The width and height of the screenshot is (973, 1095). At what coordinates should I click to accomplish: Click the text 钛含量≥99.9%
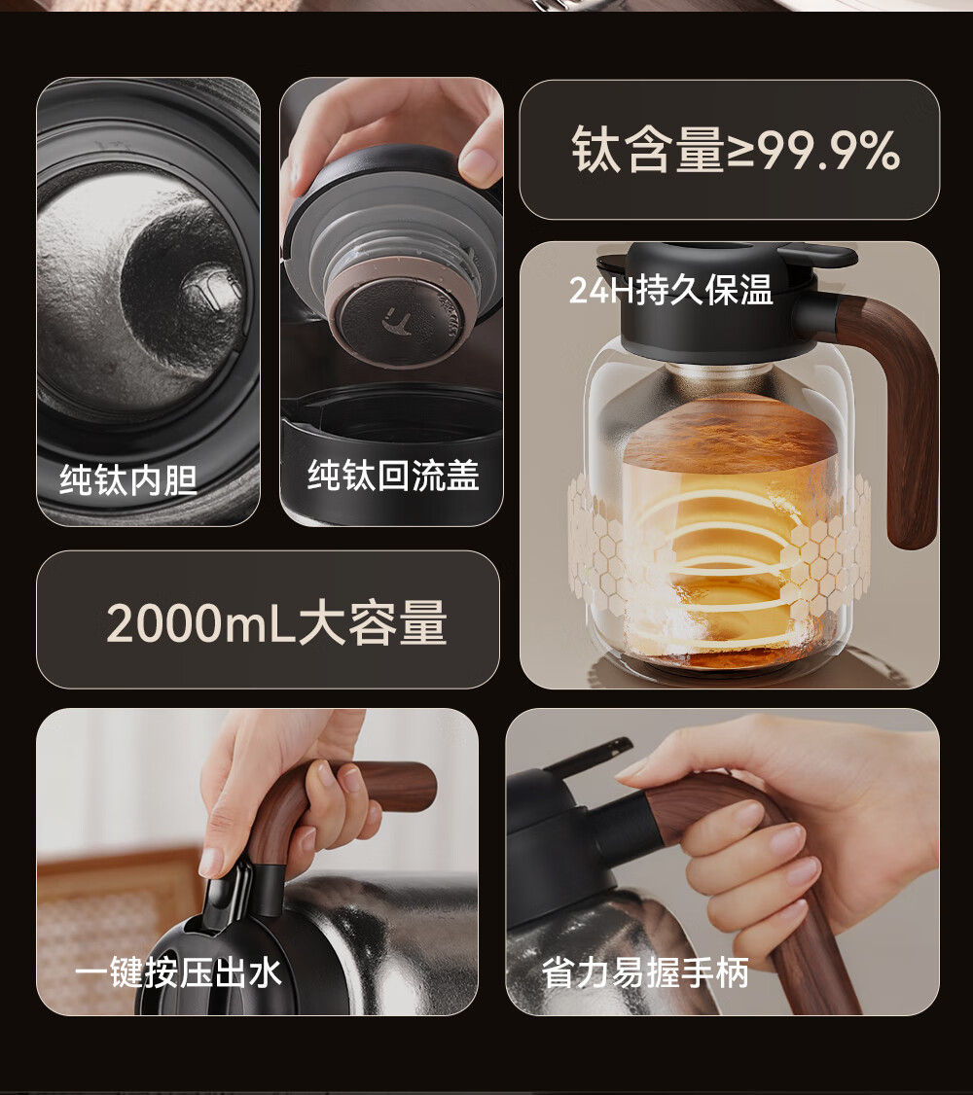(x=736, y=150)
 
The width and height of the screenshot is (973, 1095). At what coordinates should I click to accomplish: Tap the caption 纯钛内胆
(x=128, y=479)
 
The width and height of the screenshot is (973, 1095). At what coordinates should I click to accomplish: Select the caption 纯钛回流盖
(x=393, y=476)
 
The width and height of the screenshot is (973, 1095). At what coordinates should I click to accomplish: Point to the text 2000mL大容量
(x=276, y=622)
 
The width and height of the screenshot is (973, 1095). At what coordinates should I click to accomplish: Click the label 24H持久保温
(x=670, y=289)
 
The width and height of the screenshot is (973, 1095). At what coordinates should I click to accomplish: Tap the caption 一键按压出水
(x=178, y=972)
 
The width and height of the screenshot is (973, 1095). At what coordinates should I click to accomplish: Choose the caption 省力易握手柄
(x=645, y=972)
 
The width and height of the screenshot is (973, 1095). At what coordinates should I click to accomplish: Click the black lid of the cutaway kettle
(x=719, y=300)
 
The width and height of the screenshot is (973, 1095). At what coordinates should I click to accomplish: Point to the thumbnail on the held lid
(x=479, y=164)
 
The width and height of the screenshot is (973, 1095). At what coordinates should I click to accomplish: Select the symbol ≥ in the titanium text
(x=740, y=151)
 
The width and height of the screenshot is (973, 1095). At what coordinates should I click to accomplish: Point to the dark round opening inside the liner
(x=183, y=279)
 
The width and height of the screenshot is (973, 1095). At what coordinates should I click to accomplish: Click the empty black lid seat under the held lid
(x=391, y=419)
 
